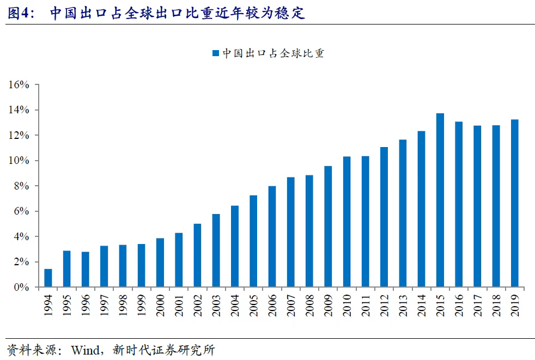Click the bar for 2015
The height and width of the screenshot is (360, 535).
[x=440, y=200]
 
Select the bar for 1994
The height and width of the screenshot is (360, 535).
[x=48, y=278]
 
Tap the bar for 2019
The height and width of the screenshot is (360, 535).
[x=514, y=203]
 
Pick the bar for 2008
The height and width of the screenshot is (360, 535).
[x=309, y=231]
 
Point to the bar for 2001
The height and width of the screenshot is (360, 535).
[x=179, y=260]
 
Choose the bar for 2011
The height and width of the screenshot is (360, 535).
[x=365, y=222]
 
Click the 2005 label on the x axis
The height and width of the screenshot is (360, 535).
[x=253, y=304]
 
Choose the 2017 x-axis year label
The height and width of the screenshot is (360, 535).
[x=477, y=304]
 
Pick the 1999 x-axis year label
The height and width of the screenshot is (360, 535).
[x=142, y=304]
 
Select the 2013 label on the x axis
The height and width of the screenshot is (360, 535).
[x=403, y=304]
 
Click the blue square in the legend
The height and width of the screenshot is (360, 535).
[x=215, y=53]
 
